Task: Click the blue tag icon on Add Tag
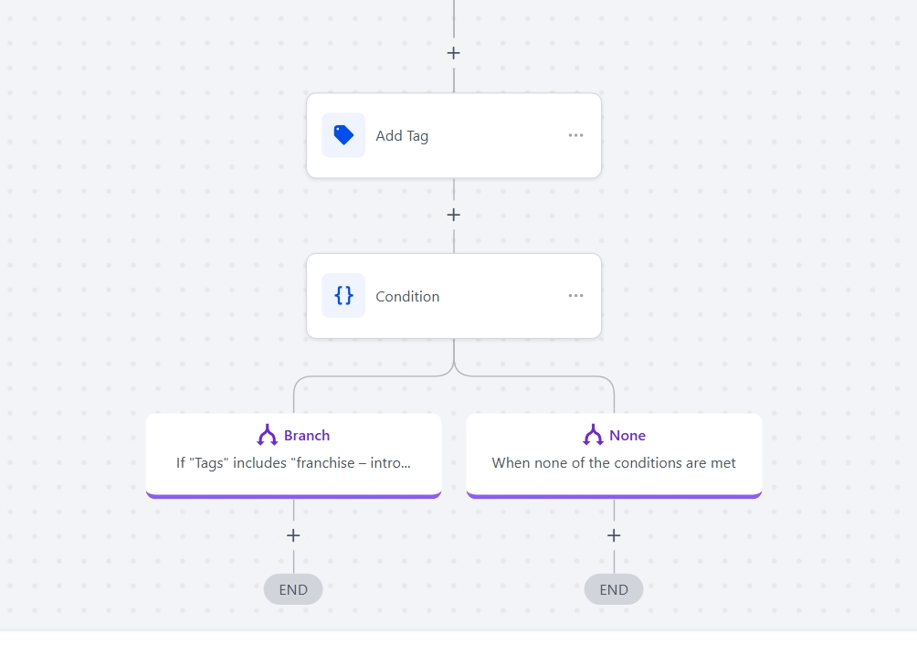pyautogui.click(x=343, y=135)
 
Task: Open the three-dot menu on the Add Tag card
pyautogui.click(x=575, y=135)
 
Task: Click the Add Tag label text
pyautogui.click(x=402, y=135)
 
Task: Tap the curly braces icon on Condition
pyautogui.click(x=343, y=295)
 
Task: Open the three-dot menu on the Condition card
pyautogui.click(x=575, y=295)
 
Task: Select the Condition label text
pyautogui.click(x=407, y=297)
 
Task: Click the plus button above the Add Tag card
pyautogui.click(x=453, y=53)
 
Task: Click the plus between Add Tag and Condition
pyautogui.click(x=453, y=216)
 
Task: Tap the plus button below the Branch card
pyautogui.click(x=293, y=535)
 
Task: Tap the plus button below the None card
pyautogui.click(x=614, y=535)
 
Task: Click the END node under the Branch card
pyautogui.click(x=293, y=589)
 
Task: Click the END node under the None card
pyautogui.click(x=614, y=589)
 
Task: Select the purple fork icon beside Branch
pyautogui.click(x=268, y=435)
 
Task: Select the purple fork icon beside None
pyautogui.click(x=593, y=435)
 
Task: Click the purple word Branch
pyautogui.click(x=307, y=436)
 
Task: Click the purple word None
pyautogui.click(x=627, y=436)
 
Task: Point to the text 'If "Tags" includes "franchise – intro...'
pyautogui.click(x=293, y=463)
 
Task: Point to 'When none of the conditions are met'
pyautogui.click(x=614, y=463)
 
